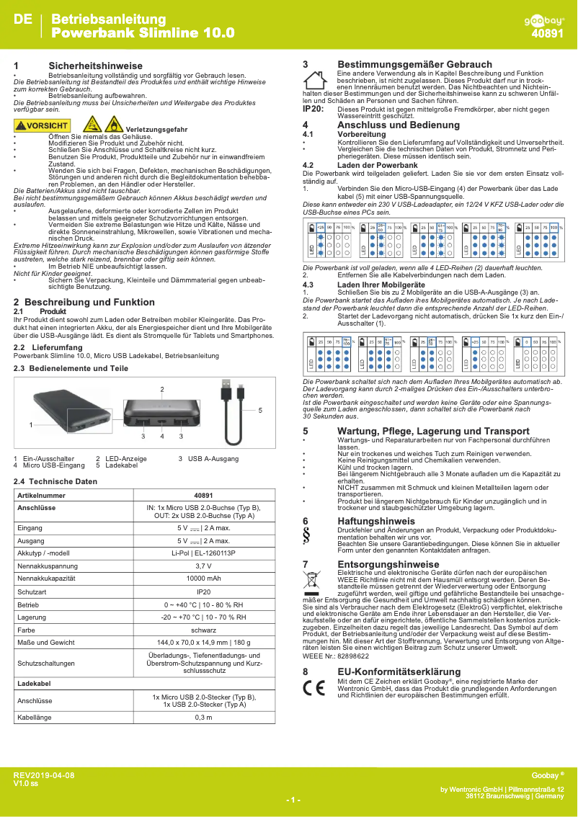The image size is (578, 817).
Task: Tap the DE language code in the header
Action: (x=22, y=20)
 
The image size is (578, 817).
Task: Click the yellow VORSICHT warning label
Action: (x=42, y=126)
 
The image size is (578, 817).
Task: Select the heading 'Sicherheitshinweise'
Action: (x=95, y=66)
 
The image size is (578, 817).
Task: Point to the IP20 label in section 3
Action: (x=312, y=109)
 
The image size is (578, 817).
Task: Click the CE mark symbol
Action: (x=314, y=687)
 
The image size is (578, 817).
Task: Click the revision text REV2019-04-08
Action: (x=43, y=775)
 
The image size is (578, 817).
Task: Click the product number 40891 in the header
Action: (x=547, y=33)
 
